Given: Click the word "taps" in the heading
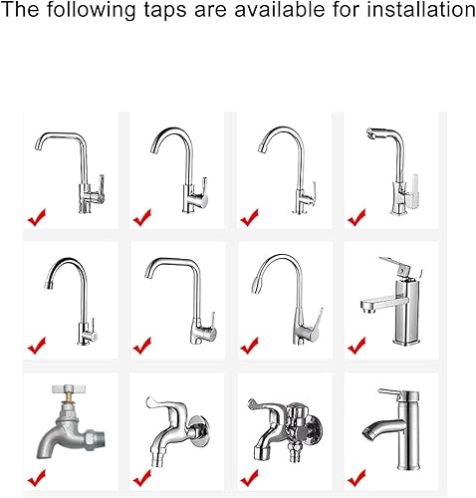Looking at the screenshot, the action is (x=166, y=11).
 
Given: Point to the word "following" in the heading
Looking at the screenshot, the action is (x=91, y=11).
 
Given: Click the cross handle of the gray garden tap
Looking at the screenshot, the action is (x=69, y=388).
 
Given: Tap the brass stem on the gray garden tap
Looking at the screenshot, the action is (x=69, y=397).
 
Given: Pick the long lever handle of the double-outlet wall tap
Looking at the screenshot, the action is (x=262, y=405).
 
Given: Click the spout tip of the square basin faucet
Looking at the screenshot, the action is (x=367, y=306).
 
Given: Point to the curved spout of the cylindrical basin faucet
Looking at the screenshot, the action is (x=381, y=428).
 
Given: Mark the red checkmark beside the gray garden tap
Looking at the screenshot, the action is (x=37, y=478).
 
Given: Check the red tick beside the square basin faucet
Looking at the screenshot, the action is (x=357, y=346).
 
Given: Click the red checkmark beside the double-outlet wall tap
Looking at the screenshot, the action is (x=250, y=478).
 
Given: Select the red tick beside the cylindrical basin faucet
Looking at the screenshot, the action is (x=357, y=478).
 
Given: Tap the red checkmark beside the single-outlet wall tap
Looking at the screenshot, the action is (x=142, y=478).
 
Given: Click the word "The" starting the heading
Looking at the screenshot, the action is (x=19, y=9).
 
